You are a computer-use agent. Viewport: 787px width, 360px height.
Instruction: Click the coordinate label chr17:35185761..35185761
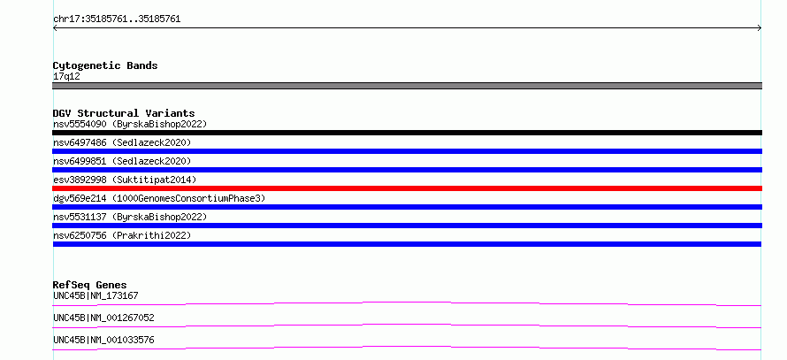point(117,19)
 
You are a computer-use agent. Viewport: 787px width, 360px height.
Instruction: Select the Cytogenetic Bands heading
point(105,65)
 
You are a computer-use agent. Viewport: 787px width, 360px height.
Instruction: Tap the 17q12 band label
point(66,77)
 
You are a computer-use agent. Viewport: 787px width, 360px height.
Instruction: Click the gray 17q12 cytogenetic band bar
point(407,86)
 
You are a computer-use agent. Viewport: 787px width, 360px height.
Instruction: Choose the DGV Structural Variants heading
point(124,113)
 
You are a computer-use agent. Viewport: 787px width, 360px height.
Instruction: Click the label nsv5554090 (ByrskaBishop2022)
point(130,124)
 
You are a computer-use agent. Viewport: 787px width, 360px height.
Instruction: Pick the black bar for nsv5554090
point(407,133)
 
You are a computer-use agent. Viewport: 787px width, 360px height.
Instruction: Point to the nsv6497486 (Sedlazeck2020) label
point(122,142)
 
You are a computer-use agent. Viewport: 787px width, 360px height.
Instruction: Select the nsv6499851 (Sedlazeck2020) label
point(122,161)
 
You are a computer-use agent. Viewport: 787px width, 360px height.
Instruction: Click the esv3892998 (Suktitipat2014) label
point(125,180)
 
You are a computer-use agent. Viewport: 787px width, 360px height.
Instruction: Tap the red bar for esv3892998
point(407,188)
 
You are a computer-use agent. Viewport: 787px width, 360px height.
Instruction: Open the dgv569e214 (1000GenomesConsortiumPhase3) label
point(159,198)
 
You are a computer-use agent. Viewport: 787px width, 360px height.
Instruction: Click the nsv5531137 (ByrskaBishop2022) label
point(130,217)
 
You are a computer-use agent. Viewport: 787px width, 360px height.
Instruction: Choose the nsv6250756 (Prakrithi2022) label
point(122,235)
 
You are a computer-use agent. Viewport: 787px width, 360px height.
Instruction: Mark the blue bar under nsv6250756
point(407,244)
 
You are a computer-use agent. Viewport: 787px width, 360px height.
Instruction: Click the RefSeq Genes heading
point(90,285)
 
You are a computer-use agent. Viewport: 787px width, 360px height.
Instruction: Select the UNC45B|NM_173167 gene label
point(96,295)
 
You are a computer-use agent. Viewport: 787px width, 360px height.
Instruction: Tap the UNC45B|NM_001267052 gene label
point(103,318)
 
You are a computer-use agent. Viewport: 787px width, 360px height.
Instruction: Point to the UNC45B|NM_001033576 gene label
point(103,340)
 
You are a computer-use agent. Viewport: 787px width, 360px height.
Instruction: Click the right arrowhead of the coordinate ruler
point(760,28)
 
